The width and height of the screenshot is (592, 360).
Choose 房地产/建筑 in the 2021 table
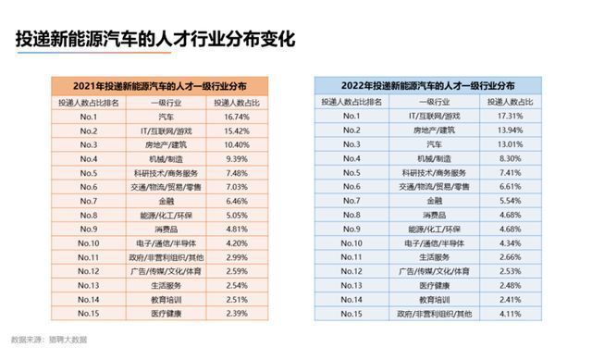pos(167,145)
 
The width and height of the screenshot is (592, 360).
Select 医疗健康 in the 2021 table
pos(167,314)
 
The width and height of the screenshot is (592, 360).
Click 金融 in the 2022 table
pos(438,201)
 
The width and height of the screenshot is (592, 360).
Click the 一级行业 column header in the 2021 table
pos(167,103)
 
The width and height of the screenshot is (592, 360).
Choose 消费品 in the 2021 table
pos(167,230)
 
